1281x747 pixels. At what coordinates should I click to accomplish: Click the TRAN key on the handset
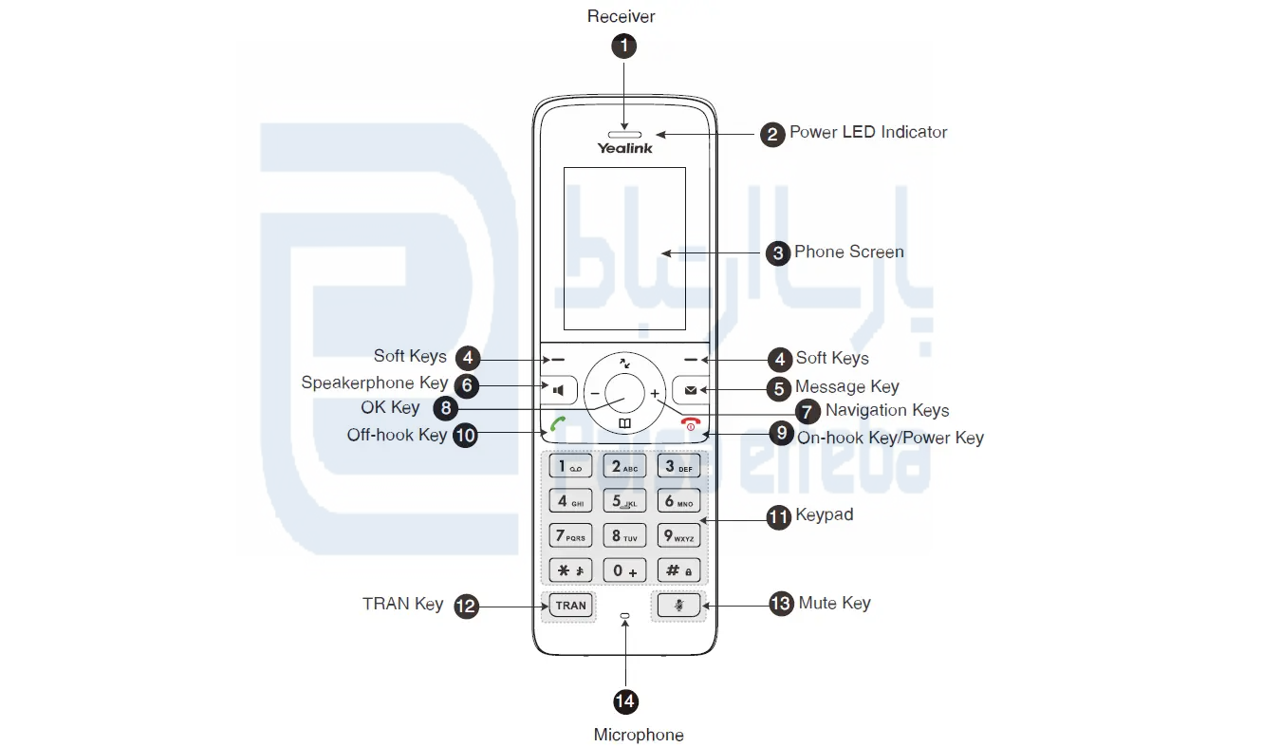570,605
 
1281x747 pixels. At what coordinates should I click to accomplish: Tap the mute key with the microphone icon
678,605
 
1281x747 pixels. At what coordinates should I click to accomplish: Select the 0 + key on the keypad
624,570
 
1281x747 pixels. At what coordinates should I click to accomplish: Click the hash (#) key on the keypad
678,570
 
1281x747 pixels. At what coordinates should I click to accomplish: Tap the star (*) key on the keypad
570,570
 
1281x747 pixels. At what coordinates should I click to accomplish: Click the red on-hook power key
690,423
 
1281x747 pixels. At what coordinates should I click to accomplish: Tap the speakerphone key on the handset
560,389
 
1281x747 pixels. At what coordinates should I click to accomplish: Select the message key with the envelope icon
689,389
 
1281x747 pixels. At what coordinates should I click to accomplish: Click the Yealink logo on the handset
624,148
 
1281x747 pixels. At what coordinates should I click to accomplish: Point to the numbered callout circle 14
624,701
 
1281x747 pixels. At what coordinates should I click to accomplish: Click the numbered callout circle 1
623,46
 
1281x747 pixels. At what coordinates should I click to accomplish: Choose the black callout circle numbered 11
779,516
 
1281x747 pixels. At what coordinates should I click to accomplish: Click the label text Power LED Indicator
868,132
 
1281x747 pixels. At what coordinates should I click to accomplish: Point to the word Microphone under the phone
638,735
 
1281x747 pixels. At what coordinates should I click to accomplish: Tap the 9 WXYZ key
678,536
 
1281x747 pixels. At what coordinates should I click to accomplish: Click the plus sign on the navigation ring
655,392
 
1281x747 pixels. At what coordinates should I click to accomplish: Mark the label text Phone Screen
848,252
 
